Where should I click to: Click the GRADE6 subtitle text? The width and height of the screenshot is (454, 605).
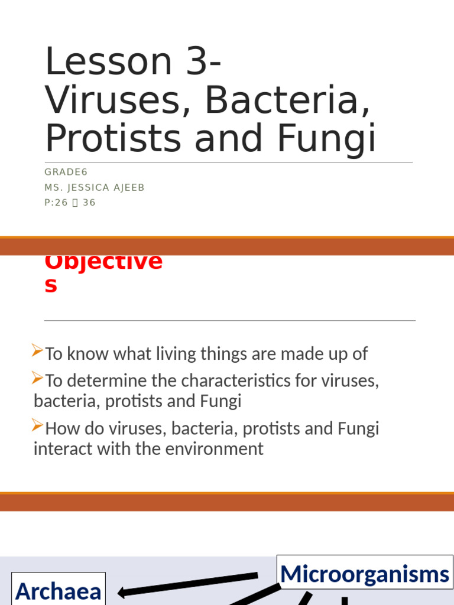tap(66, 172)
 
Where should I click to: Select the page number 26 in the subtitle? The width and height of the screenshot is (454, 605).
tap(60, 203)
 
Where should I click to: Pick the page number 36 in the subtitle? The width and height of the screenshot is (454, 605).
tap(89, 203)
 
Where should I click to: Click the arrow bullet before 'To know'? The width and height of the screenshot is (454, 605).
tap(38, 353)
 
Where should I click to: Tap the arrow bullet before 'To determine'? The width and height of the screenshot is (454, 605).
tap(38, 378)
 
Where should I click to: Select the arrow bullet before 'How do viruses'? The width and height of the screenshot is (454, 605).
tap(38, 426)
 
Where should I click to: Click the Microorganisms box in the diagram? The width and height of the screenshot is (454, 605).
tap(364, 573)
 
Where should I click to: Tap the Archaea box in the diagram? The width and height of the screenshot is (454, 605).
tap(59, 590)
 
